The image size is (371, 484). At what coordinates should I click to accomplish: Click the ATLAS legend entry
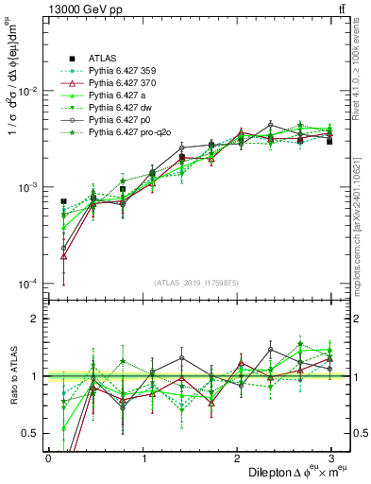click(x=101, y=57)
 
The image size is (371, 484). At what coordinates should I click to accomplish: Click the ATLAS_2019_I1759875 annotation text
click(x=190, y=281)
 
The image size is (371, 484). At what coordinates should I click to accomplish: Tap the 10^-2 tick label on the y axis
click(x=25, y=92)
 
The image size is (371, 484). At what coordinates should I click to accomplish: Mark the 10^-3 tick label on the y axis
click(x=25, y=188)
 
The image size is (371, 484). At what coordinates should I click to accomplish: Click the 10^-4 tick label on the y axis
click(x=25, y=285)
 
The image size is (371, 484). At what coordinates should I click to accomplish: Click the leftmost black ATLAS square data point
click(x=63, y=201)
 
